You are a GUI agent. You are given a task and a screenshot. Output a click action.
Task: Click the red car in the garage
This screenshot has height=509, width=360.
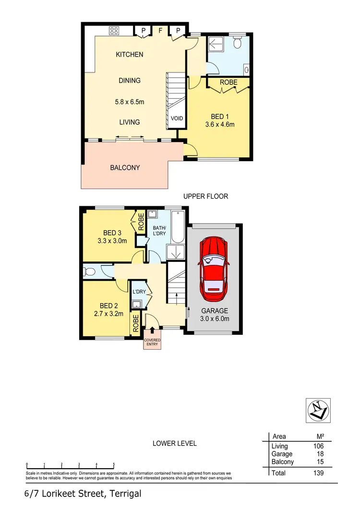click(214, 268)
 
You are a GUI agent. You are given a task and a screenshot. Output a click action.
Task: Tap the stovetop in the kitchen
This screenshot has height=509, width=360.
click(114, 31)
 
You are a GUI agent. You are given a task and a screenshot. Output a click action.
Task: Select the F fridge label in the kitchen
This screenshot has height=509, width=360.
click(161, 31)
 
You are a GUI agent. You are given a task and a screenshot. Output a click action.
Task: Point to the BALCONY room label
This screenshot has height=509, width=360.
click(125, 168)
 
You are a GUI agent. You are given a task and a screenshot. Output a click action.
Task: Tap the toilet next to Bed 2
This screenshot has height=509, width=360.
click(90, 272)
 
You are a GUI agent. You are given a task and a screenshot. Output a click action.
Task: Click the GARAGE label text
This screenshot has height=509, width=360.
click(214, 310)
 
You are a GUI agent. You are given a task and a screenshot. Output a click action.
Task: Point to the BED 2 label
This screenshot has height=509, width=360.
click(109, 306)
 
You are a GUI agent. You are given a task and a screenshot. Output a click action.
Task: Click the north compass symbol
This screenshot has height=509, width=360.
click(318, 410)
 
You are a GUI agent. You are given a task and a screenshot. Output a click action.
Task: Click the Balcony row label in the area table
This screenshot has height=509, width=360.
click(283, 462)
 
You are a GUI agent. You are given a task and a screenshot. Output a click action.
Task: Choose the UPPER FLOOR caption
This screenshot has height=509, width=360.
click(205, 196)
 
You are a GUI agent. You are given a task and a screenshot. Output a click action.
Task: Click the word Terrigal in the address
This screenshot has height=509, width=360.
click(125, 494)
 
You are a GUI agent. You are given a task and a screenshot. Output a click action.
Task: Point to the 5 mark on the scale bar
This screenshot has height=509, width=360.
click(114, 464)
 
